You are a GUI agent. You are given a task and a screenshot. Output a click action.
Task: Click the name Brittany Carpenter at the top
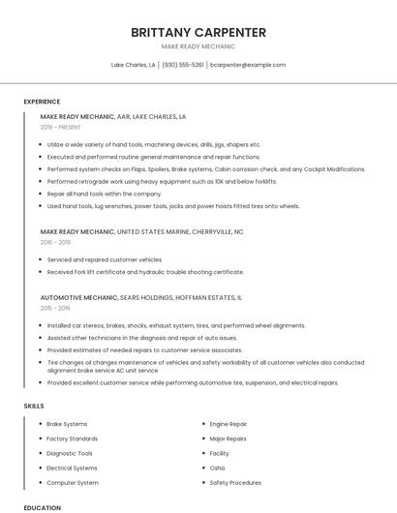pyautogui.click(x=198, y=32)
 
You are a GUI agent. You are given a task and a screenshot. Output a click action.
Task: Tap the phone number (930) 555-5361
pyautogui.click(x=183, y=65)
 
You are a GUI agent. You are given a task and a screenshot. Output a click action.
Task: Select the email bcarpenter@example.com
pyautogui.click(x=248, y=65)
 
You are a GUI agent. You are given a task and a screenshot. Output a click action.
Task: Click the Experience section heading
pyautogui.click(x=42, y=102)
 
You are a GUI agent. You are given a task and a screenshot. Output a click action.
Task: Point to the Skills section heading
pyautogui.click(x=34, y=406)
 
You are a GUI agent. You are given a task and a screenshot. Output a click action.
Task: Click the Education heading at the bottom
pyautogui.click(x=42, y=507)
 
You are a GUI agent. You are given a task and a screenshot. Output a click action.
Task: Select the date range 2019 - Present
pyautogui.click(x=60, y=127)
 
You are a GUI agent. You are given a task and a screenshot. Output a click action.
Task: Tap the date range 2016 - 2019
pyautogui.click(x=55, y=243)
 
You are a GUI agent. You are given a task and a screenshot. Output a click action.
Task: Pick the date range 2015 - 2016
pyautogui.click(x=55, y=308)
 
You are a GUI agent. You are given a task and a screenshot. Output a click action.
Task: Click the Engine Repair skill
pyautogui.click(x=229, y=424)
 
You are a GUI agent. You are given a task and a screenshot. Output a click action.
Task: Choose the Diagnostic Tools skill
pyautogui.click(x=70, y=453)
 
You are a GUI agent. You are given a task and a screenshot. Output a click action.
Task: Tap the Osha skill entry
pyautogui.click(x=217, y=468)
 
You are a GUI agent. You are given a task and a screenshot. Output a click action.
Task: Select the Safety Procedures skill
pyautogui.click(x=235, y=482)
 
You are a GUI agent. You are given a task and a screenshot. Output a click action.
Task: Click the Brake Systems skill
pyautogui.click(x=67, y=424)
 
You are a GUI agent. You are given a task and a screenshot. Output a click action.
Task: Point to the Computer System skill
pyautogui.click(x=73, y=482)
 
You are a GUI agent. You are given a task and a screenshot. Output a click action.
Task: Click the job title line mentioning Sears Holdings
pyautogui.click(x=141, y=298)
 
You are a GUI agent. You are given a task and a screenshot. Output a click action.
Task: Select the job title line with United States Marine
pyautogui.click(x=141, y=232)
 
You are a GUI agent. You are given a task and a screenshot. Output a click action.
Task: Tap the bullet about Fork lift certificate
pyautogui.click(x=145, y=272)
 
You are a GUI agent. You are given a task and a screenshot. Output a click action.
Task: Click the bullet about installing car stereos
pyautogui.click(x=175, y=326)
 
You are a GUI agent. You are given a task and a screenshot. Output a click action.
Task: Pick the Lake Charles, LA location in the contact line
pyautogui.click(x=134, y=65)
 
